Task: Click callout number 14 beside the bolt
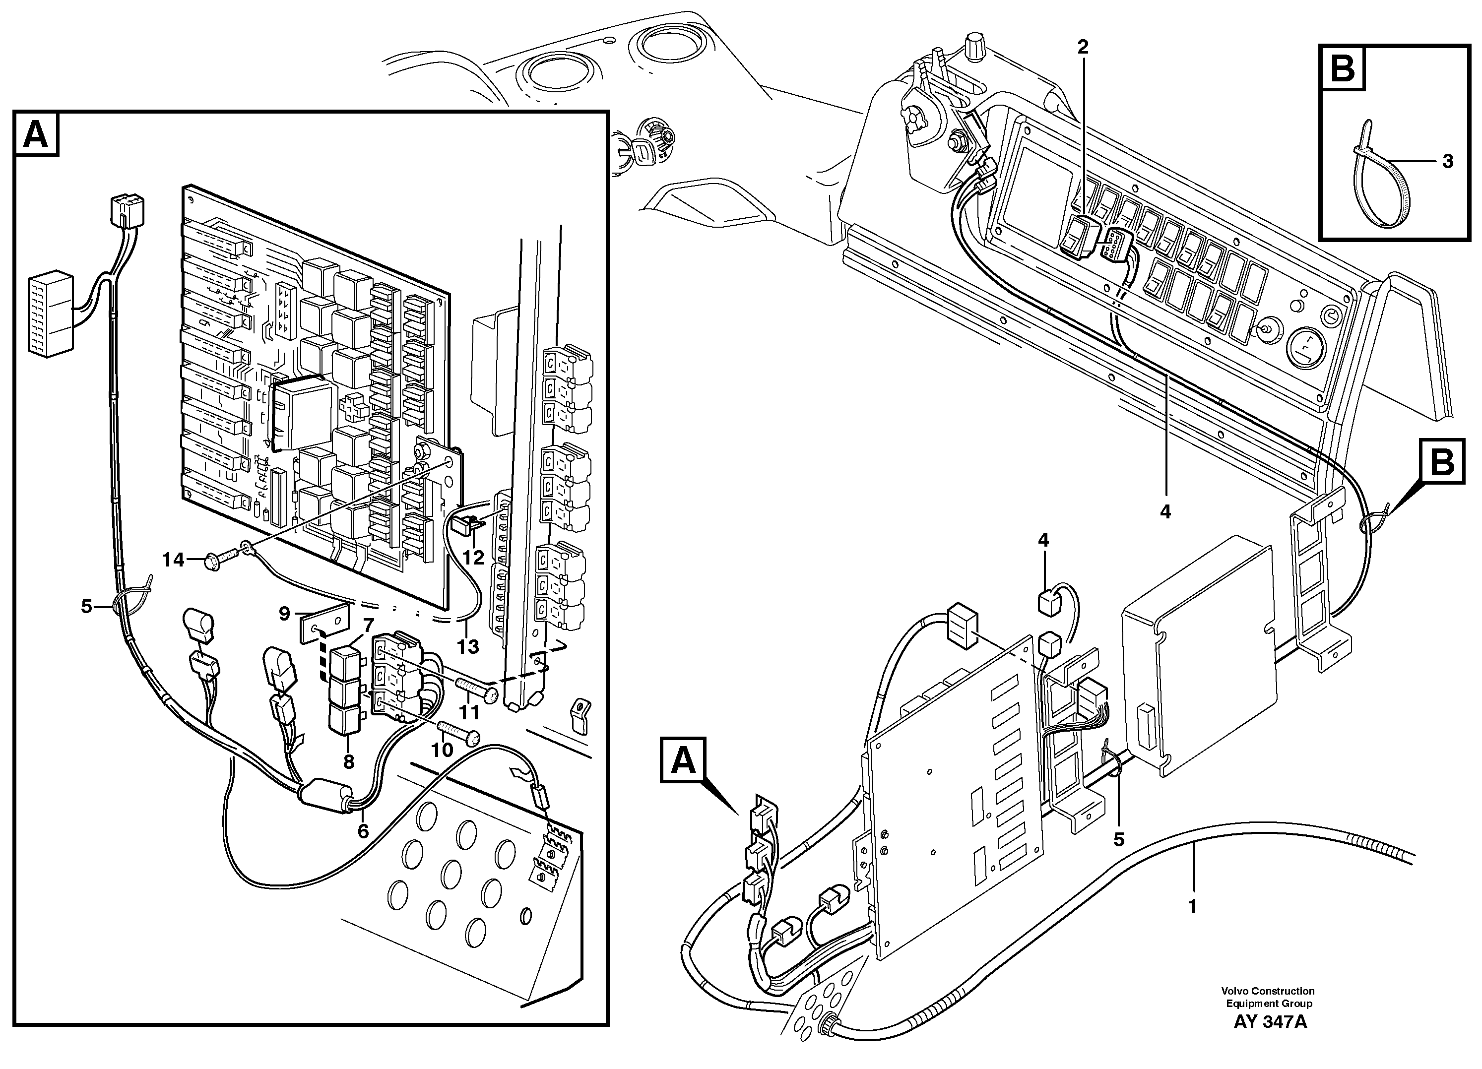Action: (173, 560)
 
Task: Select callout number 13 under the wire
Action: (468, 646)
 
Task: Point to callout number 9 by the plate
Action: (284, 614)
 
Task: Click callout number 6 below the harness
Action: (363, 831)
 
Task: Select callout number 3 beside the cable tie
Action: (1447, 161)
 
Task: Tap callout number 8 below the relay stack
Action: (348, 762)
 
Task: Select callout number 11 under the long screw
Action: (470, 711)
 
